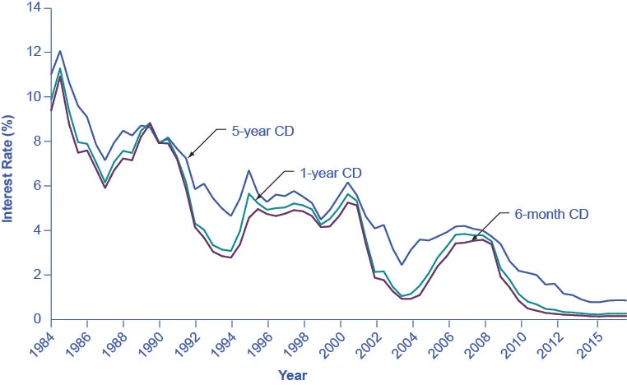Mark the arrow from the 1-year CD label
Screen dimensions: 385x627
coord(271,185)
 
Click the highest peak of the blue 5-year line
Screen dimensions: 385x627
coord(59,51)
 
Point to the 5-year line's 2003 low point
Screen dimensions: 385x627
coord(402,265)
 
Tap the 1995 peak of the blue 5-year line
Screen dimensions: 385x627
coord(248,170)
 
